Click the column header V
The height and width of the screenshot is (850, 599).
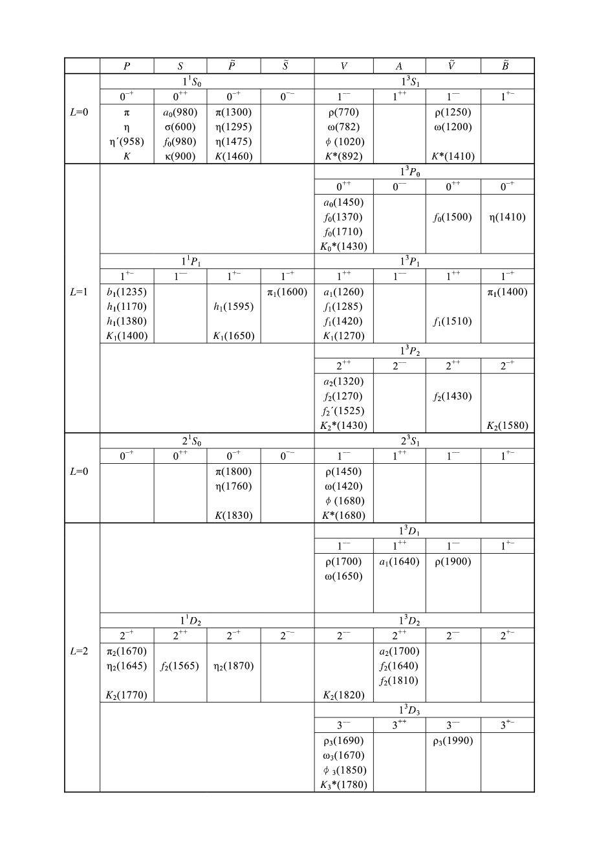(343, 66)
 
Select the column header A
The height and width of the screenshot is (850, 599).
(399, 66)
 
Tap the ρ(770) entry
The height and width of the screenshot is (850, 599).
(343, 113)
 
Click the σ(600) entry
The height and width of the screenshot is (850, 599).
(180, 127)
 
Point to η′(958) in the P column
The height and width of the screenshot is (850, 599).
(127, 142)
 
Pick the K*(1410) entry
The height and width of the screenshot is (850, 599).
(453, 156)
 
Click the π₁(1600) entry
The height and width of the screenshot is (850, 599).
(287, 292)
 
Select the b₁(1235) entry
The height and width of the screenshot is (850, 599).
(127, 292)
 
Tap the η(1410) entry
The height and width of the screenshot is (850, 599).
(507, 217)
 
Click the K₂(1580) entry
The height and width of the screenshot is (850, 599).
(507, 426)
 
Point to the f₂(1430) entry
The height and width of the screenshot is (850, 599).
(453, 396)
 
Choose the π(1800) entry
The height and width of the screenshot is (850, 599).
(234, 472)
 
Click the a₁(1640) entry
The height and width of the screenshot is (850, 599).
(399, 561)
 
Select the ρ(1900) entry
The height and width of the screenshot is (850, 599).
(453, 561)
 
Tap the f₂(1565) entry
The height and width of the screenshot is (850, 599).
(180, 666)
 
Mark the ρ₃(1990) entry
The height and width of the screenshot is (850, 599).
(453, 741)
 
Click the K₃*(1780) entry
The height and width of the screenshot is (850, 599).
(343, 785)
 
